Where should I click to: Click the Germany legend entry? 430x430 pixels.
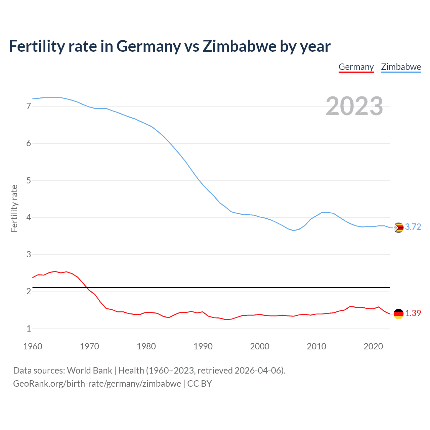[356, 67]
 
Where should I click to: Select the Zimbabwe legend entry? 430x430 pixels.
[401, 67]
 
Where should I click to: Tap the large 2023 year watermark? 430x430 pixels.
[354, 106]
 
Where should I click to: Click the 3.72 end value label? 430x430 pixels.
[413, 227]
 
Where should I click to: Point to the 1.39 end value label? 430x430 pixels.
[413, 313]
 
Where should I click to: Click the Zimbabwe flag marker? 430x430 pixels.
[398, 228]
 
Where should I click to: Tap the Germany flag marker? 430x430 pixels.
[398, 314]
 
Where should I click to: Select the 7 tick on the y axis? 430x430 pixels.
[29, 106]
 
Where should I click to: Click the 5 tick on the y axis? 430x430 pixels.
[29, 181]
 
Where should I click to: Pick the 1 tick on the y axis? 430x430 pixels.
[29, 329]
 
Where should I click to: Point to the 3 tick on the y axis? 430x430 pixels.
[29, 255]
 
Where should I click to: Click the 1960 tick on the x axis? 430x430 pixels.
[33, 346]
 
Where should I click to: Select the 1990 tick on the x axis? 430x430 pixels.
[203, 346]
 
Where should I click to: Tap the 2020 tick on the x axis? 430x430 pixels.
[373, 346]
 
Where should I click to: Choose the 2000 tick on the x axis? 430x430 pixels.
[260, 346]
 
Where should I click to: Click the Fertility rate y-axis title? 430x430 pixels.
[14, 208]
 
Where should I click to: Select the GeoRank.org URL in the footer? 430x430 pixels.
[97, 384]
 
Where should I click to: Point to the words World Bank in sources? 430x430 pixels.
[89, 371]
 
